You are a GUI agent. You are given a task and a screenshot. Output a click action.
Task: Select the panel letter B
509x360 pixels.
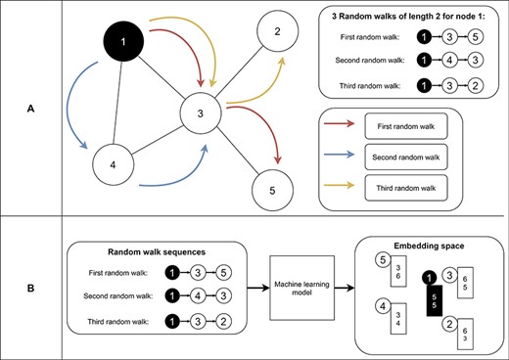point(32,288)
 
